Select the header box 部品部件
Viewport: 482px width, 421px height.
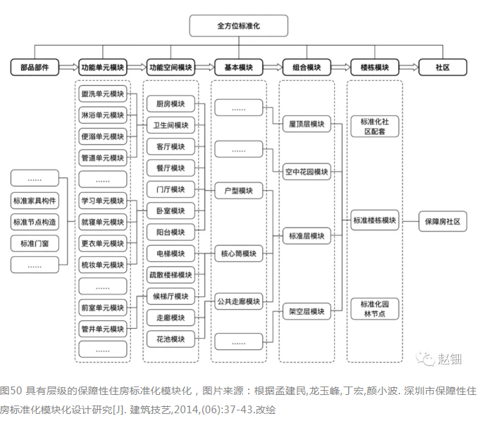click(x=34, y=68)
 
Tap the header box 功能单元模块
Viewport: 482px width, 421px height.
click(x=102, y=68)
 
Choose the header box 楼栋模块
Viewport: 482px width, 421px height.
click(x=374, y=68)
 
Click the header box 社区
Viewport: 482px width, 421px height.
click(x=442, y=68)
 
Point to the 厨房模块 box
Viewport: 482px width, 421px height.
click(x=171, y=104)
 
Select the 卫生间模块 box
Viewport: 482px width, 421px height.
click(x=171, y=125)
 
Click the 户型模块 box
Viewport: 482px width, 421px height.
click(x=238, y=191)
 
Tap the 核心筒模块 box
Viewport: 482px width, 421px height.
click(x=238, y=253)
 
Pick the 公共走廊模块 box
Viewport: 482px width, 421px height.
click(x=238, y=301)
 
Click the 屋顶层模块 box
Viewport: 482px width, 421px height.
click(x=307, y=124)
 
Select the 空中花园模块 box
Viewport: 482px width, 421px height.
click(x=307, y=171)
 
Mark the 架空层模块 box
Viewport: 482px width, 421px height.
click(x=307, y=310)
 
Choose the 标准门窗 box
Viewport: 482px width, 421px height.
click(x=34, y=244)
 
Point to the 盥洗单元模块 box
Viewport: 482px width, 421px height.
click(x=102, y=94)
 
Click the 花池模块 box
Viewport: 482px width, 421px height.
click(x=171, y=339)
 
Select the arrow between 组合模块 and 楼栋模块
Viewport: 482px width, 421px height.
click(x=340, y=68)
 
